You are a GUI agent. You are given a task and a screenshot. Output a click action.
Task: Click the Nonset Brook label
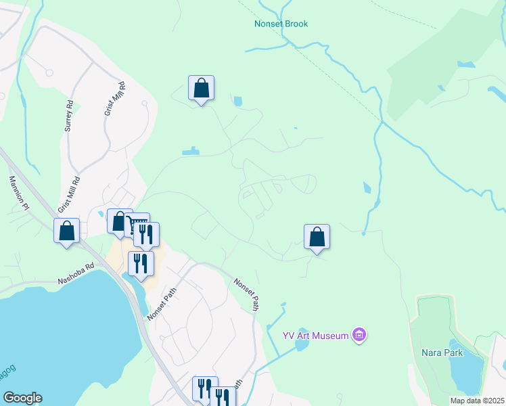[281, 24]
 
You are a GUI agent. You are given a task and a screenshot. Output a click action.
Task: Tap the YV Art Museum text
[316, 335]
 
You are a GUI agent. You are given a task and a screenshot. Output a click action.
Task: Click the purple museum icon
[360, 335]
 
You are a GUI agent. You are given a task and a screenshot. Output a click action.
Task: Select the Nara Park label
[441, 353]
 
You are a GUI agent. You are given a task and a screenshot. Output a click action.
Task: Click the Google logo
[22, 398]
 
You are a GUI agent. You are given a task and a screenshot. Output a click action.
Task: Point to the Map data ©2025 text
[477, 401]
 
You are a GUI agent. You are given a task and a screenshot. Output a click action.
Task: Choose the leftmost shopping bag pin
[66, 231]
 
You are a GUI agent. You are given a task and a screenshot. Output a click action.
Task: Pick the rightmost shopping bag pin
[317, 238]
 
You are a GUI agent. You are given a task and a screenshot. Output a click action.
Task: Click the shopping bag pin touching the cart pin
[119, 221]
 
